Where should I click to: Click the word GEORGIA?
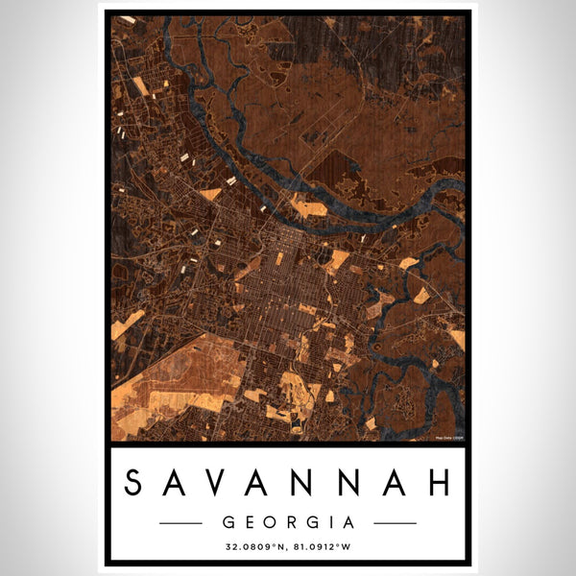click(288, 523)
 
